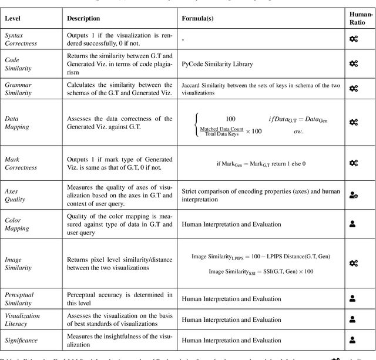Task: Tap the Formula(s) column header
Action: pos(197,18)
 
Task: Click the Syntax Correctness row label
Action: pos(22,39)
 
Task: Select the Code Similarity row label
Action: pos(19,64)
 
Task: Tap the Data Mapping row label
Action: pos(17,123)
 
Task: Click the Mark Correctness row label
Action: pos(22,163)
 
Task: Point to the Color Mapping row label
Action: pos(18,224)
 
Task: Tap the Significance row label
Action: pos(22,339)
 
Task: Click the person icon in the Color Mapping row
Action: pos(353,224)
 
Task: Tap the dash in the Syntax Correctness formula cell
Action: pos(184,39)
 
